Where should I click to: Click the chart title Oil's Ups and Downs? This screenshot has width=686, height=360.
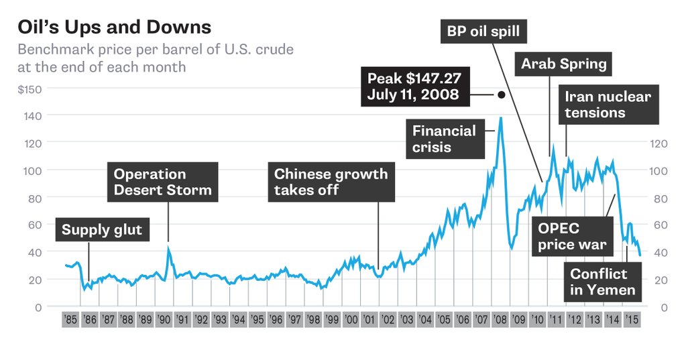tap(114, 27)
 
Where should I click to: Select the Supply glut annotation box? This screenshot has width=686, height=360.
tap(102, 230)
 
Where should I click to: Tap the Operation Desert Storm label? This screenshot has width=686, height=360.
tap(162, 182)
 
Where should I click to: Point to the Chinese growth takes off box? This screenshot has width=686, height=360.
tap(331, 182)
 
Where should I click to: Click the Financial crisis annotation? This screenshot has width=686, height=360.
tap(444, 139)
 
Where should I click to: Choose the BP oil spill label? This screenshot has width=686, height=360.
tap(483, 31)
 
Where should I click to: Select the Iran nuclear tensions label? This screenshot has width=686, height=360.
tap(608, 104)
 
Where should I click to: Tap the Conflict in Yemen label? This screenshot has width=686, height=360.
tap(602, 282)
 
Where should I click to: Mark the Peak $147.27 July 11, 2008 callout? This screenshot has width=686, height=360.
tap(414, 86)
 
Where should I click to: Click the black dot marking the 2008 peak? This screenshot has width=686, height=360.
tap(501, 95)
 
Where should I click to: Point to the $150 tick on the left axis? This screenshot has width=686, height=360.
tap(29, 88)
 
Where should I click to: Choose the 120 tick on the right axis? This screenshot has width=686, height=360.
tap(659, 143)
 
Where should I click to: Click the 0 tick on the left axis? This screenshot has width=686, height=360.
tap(38, 307)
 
